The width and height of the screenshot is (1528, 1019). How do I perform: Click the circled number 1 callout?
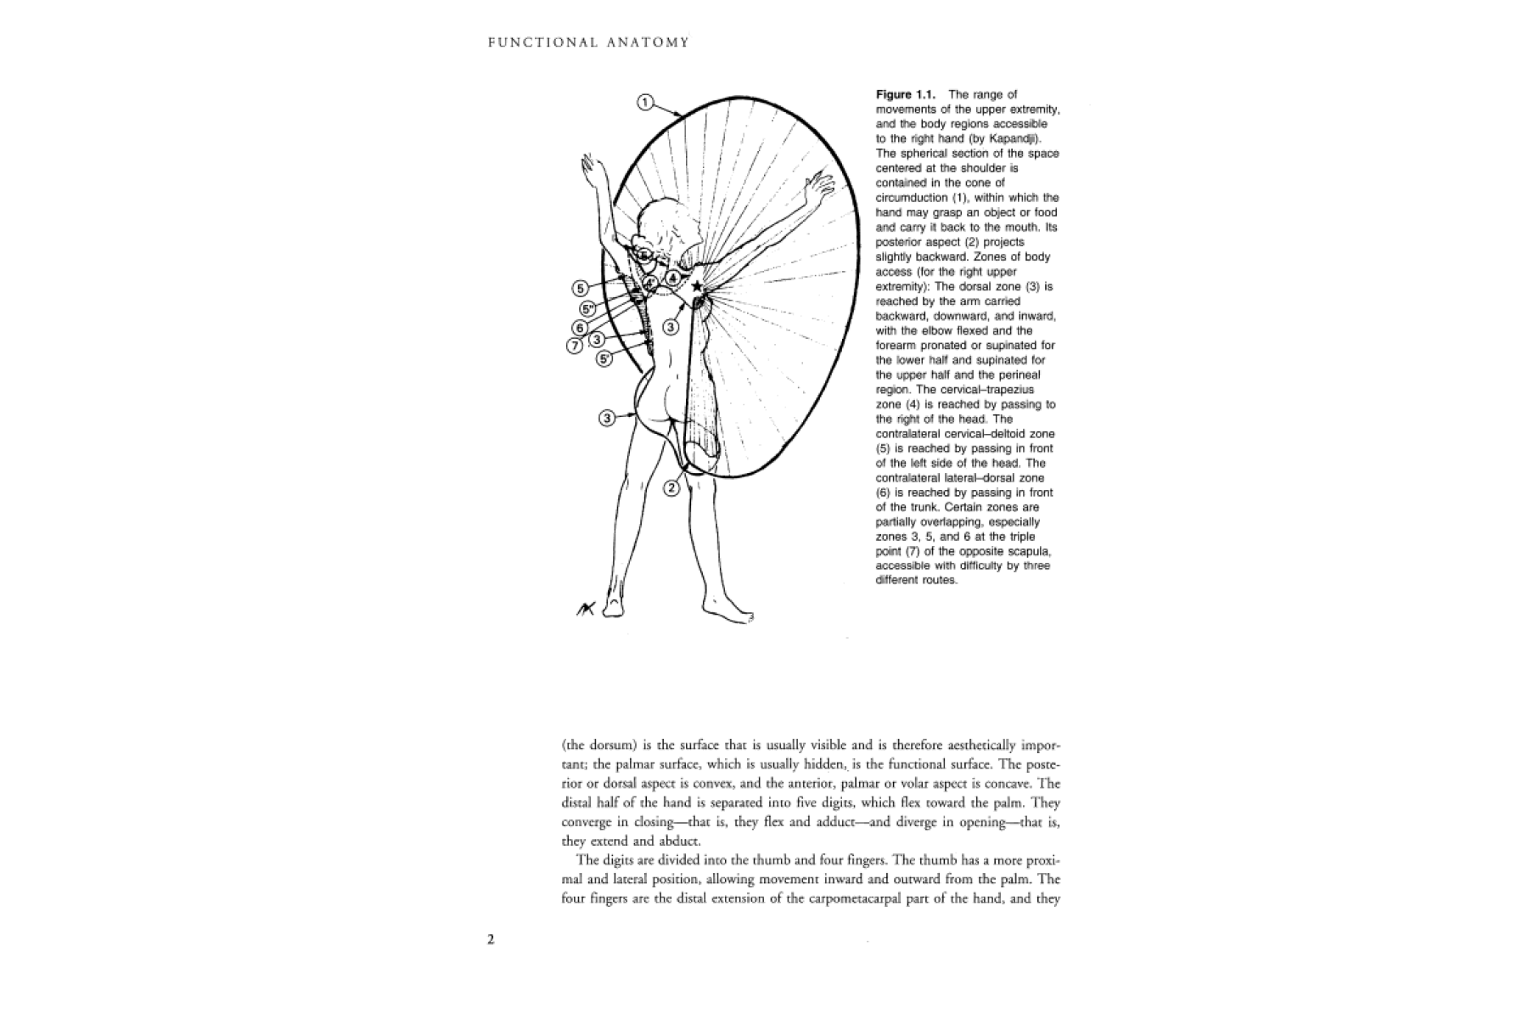645,103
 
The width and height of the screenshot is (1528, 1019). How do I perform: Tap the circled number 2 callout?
671,487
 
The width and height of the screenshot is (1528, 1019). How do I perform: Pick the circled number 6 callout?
581,328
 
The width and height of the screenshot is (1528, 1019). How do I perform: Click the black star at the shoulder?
697,287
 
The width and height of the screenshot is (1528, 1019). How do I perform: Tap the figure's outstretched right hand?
821,183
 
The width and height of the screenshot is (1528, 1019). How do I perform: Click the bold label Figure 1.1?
906,94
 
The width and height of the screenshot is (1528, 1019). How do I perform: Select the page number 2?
491,938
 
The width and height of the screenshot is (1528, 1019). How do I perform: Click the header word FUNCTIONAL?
531,42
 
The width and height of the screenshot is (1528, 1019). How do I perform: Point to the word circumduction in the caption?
913,198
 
